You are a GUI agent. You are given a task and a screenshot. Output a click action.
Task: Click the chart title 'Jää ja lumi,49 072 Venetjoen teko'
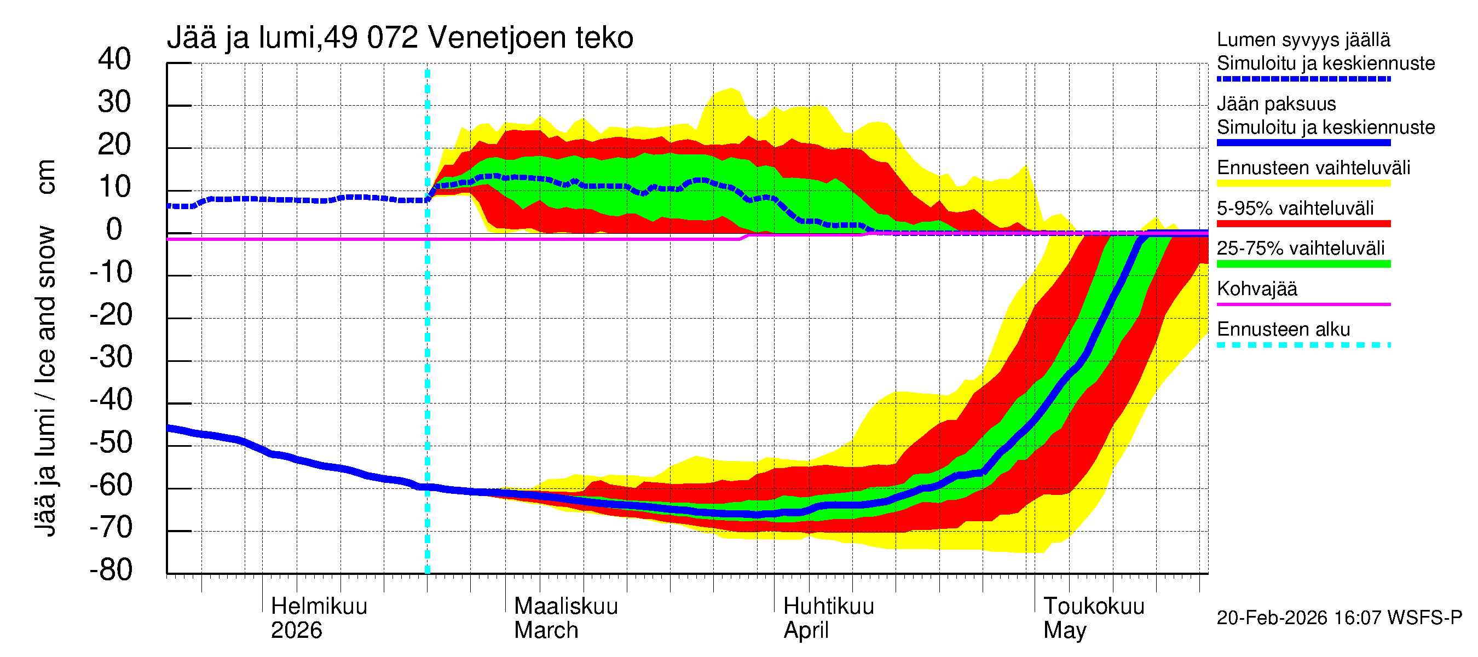[400, 38]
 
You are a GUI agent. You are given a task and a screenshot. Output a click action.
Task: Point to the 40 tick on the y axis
[114, 59]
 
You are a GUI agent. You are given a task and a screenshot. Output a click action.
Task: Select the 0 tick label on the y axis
[114, 229]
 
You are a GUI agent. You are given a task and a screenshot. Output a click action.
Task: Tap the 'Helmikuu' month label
[319, 606]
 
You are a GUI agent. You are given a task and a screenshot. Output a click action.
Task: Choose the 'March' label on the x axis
[546, 631]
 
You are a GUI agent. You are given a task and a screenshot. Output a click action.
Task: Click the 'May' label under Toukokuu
[1064, 631]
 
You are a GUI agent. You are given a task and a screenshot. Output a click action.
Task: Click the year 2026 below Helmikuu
[296, 631]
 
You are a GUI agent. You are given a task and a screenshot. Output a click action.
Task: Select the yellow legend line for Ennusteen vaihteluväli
[1303, 183]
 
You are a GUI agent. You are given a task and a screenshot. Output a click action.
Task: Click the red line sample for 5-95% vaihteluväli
[1303, 224]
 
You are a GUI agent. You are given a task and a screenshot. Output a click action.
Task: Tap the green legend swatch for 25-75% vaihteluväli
[1303, 264]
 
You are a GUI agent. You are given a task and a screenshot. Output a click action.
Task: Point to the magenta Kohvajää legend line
[1303, 304]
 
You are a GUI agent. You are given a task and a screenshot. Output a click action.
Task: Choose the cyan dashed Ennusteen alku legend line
[1303, 345]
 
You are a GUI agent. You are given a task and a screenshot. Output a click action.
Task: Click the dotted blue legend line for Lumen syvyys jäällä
[1303, 79]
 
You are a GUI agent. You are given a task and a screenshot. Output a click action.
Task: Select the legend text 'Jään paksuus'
[1276, 104]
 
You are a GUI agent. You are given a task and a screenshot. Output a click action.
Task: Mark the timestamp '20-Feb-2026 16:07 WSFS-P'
[1339, 618]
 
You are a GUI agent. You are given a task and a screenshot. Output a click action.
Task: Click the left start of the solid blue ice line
[169, 428]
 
